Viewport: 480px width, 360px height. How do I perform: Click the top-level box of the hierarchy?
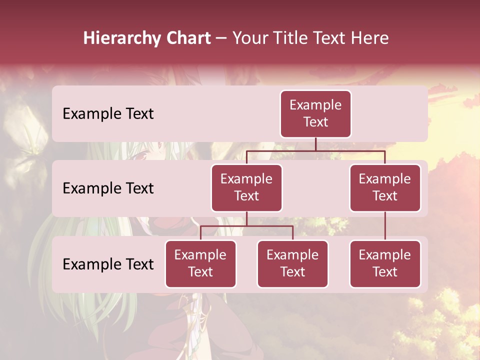pos(315,113)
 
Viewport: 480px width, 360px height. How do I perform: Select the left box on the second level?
pos(246,187)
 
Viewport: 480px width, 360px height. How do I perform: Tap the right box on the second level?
pos(385,187)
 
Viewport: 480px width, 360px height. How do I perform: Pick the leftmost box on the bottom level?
pos(200,263)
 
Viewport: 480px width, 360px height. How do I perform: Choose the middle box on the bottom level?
pos(292,263)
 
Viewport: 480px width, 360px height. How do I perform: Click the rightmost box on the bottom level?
pos(385,263)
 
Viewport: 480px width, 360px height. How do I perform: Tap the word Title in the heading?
pos(291,38)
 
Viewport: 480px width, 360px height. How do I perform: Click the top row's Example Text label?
pos(108,113)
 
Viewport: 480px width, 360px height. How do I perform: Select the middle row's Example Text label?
pos(108,188)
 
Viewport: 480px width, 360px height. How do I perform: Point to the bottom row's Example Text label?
pos(108,264)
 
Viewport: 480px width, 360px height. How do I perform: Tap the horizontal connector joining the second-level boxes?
pos(315,150)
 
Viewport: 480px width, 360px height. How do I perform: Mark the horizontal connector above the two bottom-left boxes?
pos(246,226)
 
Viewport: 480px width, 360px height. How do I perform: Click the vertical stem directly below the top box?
pos(315,144)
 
